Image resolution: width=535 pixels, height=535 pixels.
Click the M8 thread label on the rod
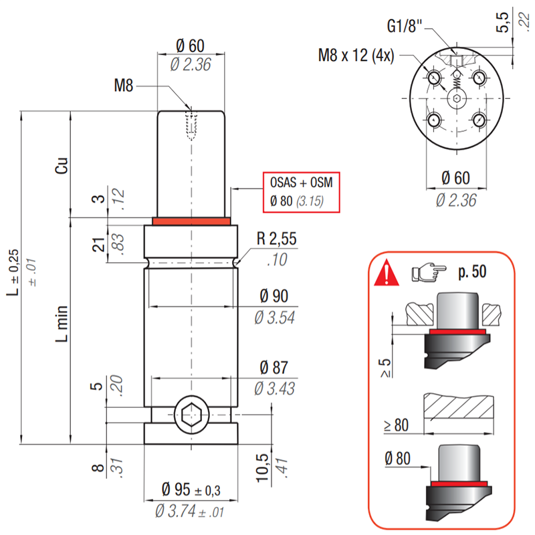[x=123, y=86]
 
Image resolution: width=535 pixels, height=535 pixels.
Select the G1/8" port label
[x=405, y=26]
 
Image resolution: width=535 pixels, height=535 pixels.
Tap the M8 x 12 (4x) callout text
[x=356, y=56]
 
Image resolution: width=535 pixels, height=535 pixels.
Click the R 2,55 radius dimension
[x=276, y=239]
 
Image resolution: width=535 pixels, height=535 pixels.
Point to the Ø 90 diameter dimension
[x=274, y=296]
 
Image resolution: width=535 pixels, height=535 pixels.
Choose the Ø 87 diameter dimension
[x=274, y=367]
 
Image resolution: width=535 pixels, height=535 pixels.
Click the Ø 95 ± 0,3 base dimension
[x=191, y=490]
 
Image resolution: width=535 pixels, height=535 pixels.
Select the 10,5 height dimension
[x=263, y=467]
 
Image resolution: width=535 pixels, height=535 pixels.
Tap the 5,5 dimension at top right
[x=502, y=23]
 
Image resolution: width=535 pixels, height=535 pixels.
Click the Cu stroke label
[x=62, y=166]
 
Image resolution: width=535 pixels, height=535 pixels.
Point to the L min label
[x=62, y=324]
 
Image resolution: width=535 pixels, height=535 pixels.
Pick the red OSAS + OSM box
[x=302, y=193]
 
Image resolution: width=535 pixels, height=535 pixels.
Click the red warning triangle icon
[x=387, y=273]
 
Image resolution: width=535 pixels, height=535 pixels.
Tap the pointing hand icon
[x=429, y=272]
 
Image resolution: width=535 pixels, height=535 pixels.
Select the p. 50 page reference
[x=472, y=272]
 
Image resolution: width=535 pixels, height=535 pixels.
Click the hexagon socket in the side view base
[x=191, y=415]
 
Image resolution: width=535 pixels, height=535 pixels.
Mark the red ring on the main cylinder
[x=191, y=221]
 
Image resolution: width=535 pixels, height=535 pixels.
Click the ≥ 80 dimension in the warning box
[x=396, y=425]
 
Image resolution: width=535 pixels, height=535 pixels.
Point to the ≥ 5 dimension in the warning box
[x=386, y=368]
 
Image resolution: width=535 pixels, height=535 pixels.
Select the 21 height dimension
[x=98, y=245]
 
